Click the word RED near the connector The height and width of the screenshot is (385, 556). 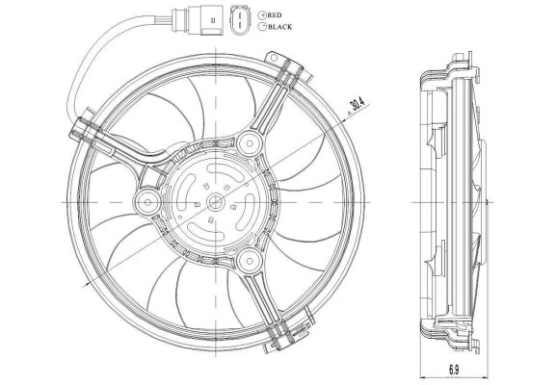point(275,15)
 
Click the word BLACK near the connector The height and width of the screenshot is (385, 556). point(280,27)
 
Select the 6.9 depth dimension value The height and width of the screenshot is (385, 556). point(454,371)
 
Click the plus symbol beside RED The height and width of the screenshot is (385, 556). point(263,15)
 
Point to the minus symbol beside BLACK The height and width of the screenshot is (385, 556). point(263,27)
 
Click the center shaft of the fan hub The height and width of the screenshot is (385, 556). point(216,202)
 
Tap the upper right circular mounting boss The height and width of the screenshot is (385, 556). point(250,143)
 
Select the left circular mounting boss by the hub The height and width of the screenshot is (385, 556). point(147,202)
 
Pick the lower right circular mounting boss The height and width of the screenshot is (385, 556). point(250,262)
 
